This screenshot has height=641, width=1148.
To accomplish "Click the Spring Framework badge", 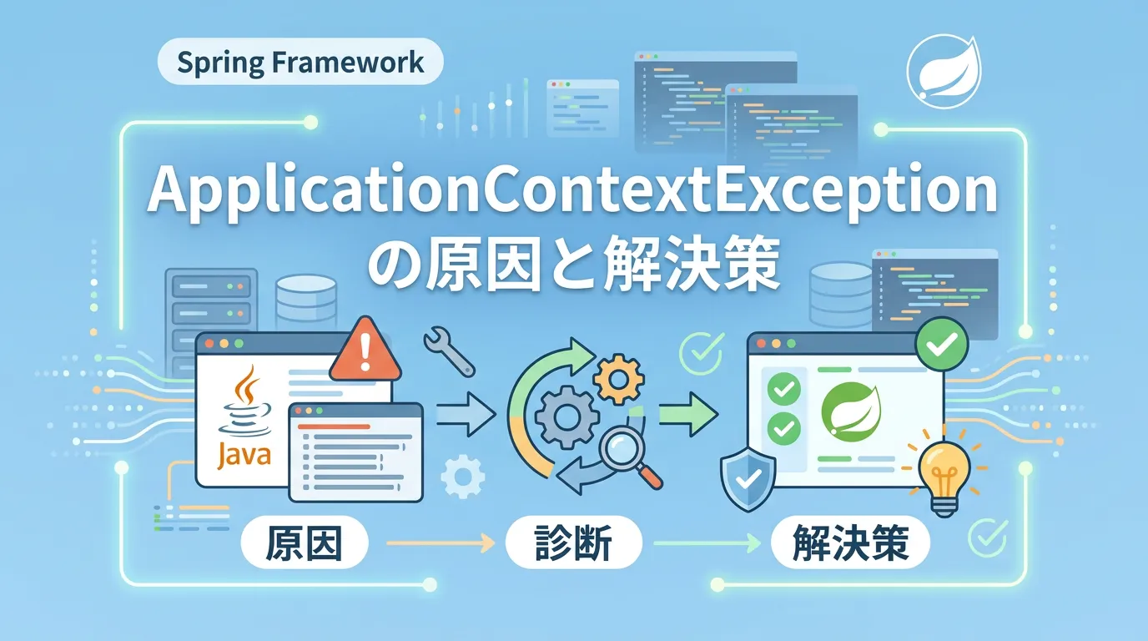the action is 300,62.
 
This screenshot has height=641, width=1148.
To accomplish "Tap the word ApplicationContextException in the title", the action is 572,192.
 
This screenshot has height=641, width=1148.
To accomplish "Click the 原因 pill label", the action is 305,543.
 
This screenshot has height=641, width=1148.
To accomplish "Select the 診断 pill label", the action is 573,543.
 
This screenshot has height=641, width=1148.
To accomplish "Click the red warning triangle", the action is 365,349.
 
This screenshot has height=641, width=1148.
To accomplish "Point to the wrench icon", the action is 449,351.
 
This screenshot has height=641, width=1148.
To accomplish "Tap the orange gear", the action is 618,379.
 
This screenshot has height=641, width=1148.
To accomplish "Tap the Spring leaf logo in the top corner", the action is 944,71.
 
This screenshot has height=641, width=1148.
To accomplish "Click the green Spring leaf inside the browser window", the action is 851,411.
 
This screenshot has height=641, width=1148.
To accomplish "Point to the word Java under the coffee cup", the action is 244,455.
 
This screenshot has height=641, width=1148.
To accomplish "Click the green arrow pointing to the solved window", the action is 688,413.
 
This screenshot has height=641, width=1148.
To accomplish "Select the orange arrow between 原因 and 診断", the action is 441,543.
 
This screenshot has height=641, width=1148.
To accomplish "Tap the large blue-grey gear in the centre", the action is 566,417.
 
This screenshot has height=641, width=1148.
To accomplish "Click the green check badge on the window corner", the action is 942,344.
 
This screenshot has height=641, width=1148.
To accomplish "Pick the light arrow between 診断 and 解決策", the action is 707,543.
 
